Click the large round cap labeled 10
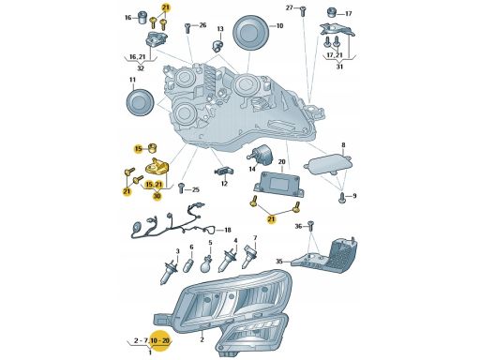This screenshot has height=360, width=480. [251, 33]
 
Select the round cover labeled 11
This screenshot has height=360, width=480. [140, 103]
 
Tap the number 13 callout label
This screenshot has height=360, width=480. [220, 29]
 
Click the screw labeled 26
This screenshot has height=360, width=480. [187, 28]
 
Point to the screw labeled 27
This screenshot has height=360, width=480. [303, 11]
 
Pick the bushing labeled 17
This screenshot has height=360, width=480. [331, 13]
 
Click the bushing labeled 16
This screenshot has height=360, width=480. [143, 18]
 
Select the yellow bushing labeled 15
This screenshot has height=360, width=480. [153, 148]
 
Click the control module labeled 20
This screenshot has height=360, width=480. [278, 184]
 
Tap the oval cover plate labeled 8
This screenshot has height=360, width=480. [328, 164]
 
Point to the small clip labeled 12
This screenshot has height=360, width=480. [224, 172]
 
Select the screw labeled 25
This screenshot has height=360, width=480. [181, 188]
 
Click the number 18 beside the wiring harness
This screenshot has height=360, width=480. [228, 231]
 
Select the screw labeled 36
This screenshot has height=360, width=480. [310, 226]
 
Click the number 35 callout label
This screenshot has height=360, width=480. [279, 261]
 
